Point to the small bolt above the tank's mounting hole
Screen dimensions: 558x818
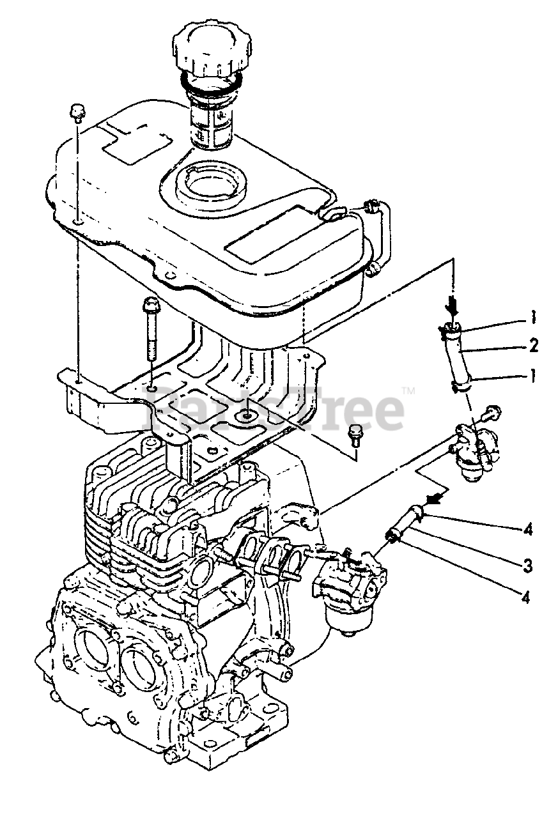click(x=77, y=113)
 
